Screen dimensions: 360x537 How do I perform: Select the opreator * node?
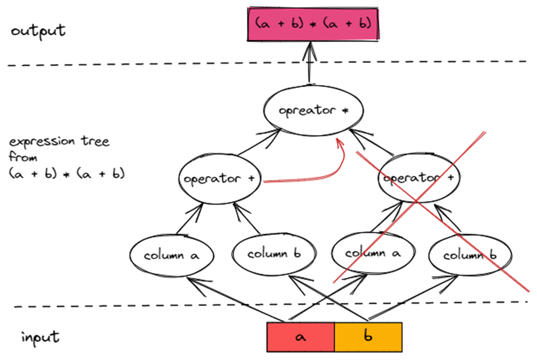point(314,110)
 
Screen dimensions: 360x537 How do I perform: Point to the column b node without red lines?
point(274,254)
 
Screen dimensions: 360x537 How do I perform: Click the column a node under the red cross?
point(372,254)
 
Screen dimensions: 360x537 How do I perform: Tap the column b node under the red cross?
point(470,256)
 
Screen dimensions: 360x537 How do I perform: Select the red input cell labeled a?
point(300,337)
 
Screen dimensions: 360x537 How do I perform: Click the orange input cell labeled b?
point(368,337)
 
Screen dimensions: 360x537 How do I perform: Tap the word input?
point(41,337)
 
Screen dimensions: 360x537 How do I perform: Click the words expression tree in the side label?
point(59,142)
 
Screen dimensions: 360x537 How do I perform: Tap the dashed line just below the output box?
point(165,66)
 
